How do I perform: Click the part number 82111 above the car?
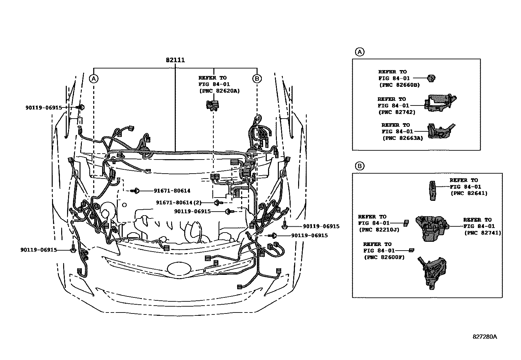(175, 60)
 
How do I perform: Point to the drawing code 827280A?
(484, 337)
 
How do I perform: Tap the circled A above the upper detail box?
(359, 52)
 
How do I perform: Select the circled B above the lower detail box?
(359, 166)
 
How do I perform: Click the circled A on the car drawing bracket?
(94, 79)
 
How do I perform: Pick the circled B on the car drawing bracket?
(257, 79)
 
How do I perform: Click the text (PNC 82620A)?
(219, 91)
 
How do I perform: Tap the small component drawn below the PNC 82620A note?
(213, 105)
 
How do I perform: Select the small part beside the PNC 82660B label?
(432, 78)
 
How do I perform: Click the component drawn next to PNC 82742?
(440, 103)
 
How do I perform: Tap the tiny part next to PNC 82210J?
(406, 223)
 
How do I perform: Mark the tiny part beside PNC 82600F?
(412, 250)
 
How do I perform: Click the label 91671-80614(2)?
(179, 203)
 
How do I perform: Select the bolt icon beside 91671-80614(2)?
(217, 203)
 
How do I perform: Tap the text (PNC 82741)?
(482, 233)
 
